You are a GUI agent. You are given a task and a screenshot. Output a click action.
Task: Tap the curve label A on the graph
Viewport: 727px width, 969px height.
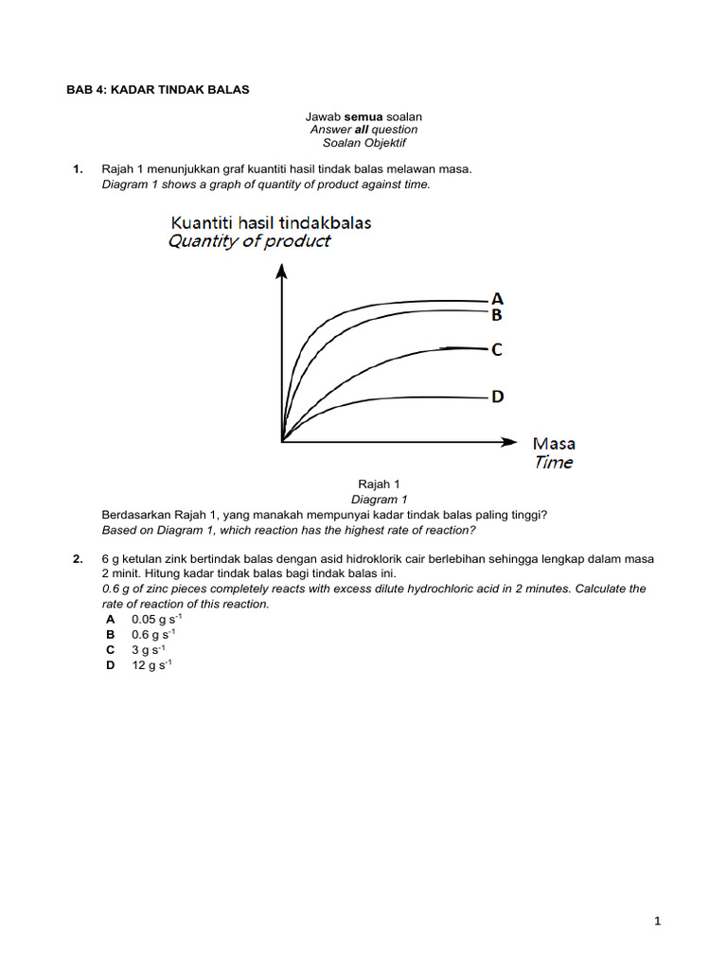tap(497, 298)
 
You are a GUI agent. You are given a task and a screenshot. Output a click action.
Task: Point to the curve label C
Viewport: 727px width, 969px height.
tap(496, 350)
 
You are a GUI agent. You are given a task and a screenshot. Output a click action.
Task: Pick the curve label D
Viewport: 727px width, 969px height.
tap(497, 396)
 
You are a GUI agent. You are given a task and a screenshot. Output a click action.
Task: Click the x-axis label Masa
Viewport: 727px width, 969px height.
tap(554, 443)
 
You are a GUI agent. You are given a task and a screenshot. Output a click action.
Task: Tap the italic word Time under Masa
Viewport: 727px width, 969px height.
tap(554, 463)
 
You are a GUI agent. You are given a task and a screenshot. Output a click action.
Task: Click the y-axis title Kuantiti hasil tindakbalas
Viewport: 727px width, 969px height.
tap(271, 222)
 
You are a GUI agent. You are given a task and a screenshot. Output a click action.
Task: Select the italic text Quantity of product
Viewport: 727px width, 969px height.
tap(249, 241)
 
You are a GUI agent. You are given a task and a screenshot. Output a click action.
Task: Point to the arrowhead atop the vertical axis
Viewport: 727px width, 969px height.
tap(281, 271)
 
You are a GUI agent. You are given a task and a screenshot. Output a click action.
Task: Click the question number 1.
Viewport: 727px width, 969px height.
tap(78, 169)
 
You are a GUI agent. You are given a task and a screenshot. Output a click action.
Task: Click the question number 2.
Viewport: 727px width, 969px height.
tap(78, 559)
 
